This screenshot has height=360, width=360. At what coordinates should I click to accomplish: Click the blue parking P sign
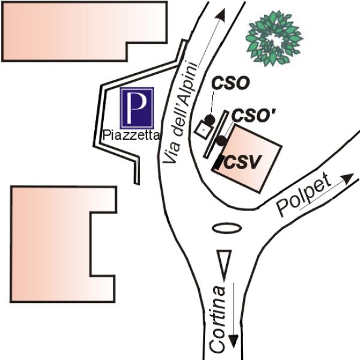click(137, 108)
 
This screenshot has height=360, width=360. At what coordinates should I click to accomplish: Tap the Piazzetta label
click(131, 135)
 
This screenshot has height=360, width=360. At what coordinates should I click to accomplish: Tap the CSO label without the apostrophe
click(230, 83)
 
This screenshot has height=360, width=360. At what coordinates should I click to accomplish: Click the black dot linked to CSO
click(209, 119)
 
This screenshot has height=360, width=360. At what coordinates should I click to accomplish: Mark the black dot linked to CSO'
click(221, 141)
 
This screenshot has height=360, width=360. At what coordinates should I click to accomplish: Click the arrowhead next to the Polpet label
click(347, 178)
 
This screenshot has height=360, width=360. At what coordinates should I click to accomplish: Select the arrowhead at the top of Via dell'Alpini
click(221, 15)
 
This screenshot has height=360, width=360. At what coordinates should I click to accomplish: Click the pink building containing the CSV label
click(247, 158)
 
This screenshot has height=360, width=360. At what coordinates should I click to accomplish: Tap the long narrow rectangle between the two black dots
click(216, 134)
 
